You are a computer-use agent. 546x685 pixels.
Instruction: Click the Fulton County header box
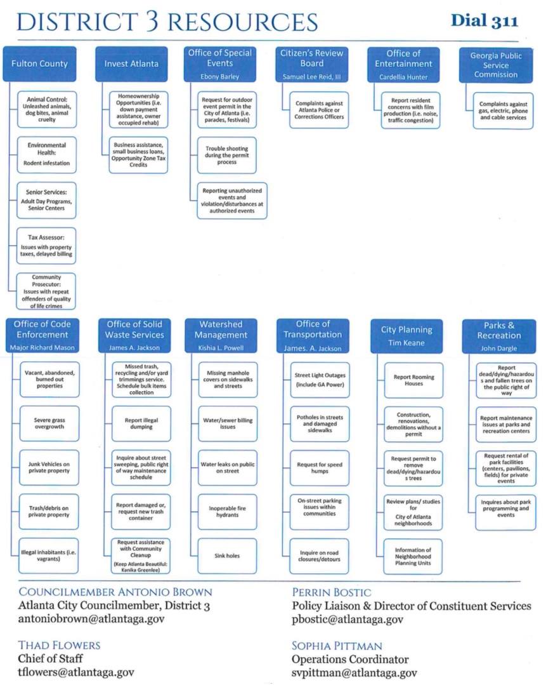pyautogui.click(x=40, y=63)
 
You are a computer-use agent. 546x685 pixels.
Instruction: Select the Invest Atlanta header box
pyautogui.click(x=131, y=63)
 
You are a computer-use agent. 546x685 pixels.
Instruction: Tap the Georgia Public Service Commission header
pyautogui.click(x=496, y=65)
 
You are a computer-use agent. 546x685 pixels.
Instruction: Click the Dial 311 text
pyautogui.click(x=484, y=21)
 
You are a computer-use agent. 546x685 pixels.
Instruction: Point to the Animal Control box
pyautogui.click(x=47, y=109)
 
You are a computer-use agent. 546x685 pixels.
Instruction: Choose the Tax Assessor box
pyautogui.click(x=46, y=246)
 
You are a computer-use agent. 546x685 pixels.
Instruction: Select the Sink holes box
pyautogui.click(x=227, y=555)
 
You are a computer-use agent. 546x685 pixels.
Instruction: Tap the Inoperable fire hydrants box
pyautogui.click(x=228, y=512)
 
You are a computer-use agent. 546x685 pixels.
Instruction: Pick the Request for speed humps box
pyautogui.click(x=320, y=468)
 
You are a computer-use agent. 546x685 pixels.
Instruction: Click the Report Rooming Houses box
pyautogui.click(x=413, y=380)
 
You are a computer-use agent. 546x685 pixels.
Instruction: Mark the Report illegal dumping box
pyautogui.click(x=141, y=423)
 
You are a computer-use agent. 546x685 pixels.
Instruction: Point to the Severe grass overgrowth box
pyautogui.click(x=49, y=423)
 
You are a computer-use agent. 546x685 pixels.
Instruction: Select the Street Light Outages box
pyautogui.click(x=320, y=380)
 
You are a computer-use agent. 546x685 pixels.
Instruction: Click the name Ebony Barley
pyautogui.click(x=219, y=76)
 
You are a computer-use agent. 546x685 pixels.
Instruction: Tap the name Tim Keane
pyautogui.click(x=406, y=343)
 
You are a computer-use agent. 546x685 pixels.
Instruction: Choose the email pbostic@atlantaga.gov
pyautogui.click(x=348, y=620)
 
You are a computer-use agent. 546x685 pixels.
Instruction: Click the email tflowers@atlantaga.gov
pyautogui.click(x=76, y=672)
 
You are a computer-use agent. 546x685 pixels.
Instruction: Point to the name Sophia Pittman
pyautogui.click(x=337, y=646)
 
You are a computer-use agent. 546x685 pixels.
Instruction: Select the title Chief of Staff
pyautogui.click(x=50, y=659)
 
